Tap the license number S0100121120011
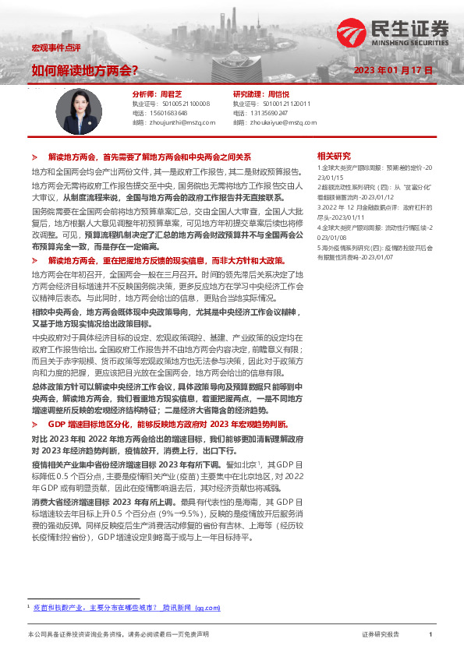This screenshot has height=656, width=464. point(286,103)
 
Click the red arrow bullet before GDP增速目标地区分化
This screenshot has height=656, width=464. point(35,423)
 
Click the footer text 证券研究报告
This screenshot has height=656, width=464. point(381,635)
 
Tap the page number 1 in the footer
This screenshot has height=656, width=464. point(430,635)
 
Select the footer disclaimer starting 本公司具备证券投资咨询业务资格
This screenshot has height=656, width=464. point(117,635)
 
